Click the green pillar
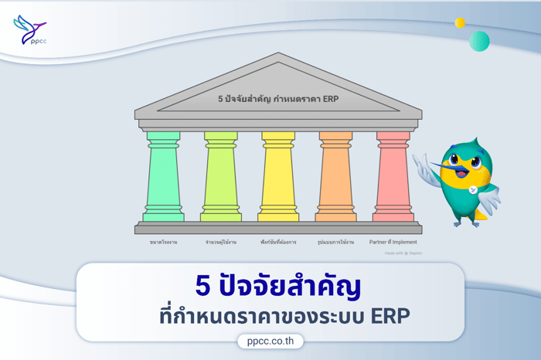coord(163,177)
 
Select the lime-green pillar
coord(220,177)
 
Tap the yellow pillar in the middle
coord(278,177)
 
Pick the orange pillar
coord(335,177)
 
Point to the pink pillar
coord(393,177)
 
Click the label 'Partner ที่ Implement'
coord(393,242)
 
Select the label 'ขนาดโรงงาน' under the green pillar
coord(163,242)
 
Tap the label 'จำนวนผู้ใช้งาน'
coord(220,242)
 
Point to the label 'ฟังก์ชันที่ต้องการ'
coord(278,242)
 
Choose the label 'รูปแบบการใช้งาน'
coord(335,242)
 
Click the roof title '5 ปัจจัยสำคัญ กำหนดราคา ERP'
coord(278,99)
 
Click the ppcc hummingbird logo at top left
coord(29,31)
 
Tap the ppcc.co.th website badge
coord(270,341)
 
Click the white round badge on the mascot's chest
coord(472,190)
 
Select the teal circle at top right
coord(479,41)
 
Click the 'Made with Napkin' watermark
coord(403,253)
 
